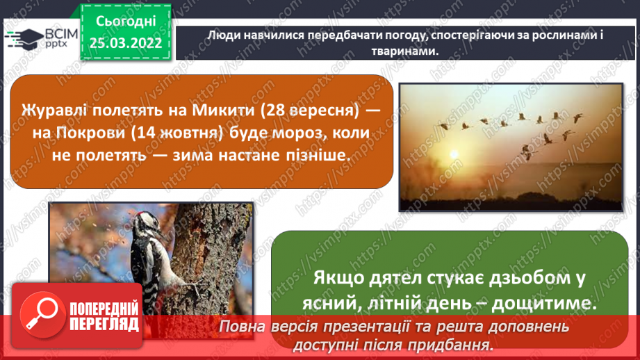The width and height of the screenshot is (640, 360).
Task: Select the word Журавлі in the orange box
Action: point(58,110)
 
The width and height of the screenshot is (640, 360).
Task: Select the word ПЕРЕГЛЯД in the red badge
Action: point(104,323)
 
